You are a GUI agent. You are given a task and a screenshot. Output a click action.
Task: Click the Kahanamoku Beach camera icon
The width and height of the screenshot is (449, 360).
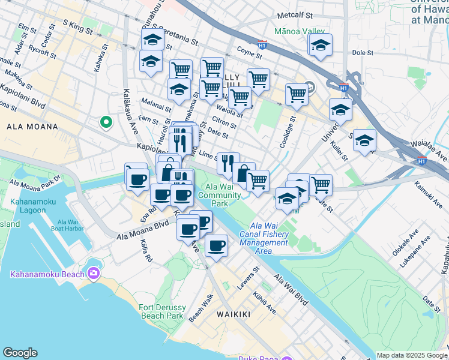click(x=93, y=274)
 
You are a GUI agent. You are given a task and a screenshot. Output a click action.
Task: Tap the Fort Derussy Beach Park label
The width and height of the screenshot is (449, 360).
click(x=161, y=311)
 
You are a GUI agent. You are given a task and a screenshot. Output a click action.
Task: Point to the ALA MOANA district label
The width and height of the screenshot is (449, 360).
click(x=32, y=127)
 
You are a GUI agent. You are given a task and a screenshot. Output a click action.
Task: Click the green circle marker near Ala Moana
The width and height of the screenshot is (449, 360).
click(x=106, y=122)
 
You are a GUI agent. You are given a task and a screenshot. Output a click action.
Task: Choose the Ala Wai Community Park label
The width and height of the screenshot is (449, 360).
click(x=220, y=195)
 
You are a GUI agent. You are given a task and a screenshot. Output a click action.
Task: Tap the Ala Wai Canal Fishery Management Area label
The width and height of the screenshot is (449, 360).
click(x=264, y=234)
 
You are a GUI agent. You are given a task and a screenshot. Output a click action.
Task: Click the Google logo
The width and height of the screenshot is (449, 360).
click(x=20, y=353)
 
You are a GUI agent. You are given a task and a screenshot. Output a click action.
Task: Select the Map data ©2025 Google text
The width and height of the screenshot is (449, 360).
click(x=411, y=355)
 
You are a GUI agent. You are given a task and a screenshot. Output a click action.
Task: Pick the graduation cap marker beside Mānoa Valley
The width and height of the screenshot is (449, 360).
click(x=321, y=45)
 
